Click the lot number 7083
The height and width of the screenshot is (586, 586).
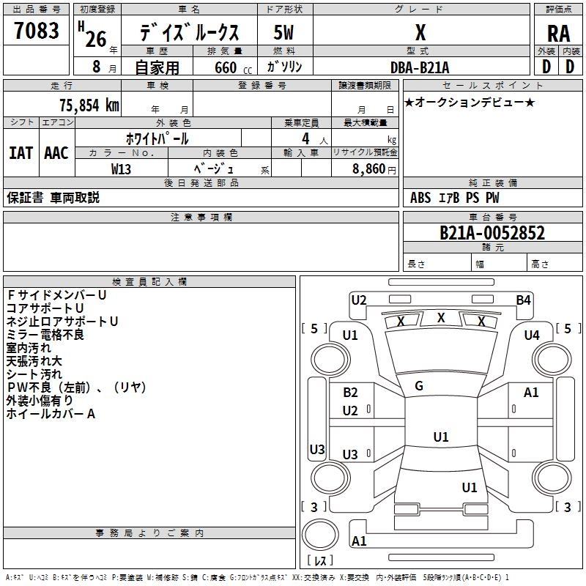(x=37, y=30)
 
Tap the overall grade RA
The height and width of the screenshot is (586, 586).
(x=558, y=34)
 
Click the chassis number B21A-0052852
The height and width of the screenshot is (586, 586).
(x=492, y=233)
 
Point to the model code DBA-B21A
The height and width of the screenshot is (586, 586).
(x=420, y=67)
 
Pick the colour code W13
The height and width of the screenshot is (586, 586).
(x=122, y=168)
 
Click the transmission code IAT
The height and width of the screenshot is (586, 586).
(x=21, y=153)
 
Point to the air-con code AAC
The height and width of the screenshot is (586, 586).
(x=56, y=153)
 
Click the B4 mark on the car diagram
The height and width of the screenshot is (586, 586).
(x=523, y=300)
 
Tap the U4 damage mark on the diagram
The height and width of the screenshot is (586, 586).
(x=532, y=335)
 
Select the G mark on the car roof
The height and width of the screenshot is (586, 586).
(x=419, y=385)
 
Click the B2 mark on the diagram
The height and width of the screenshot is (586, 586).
(x=350, y=393)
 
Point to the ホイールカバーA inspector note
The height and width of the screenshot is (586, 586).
(x=51, y=414)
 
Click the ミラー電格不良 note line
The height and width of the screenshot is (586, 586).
(x=45, y=335)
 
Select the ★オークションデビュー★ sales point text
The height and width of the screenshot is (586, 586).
(x=469, y=103)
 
